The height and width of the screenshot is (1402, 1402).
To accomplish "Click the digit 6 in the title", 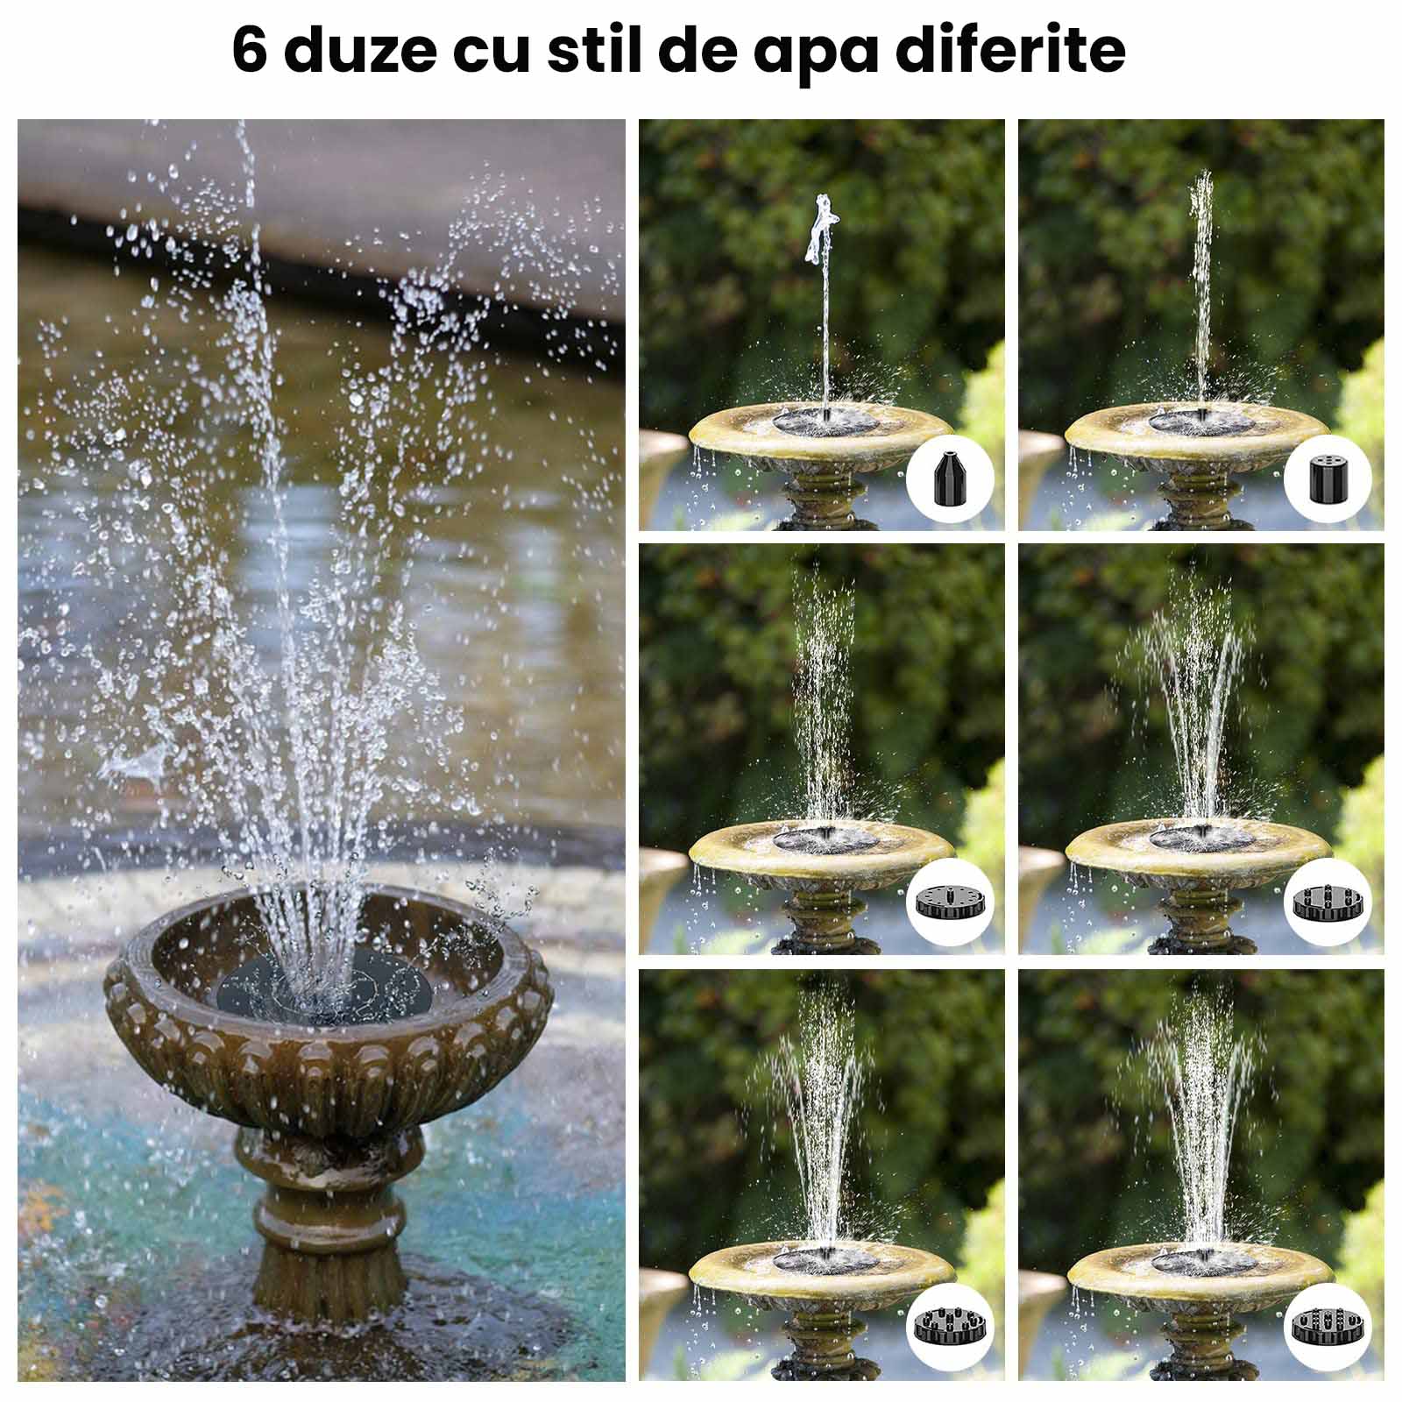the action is click(249, 50).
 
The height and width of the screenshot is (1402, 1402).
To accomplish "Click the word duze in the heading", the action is click(359, 51).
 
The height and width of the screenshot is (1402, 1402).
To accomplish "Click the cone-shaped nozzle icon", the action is click(949, 478).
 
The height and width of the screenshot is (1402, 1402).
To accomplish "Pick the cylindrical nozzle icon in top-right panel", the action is click(1328, 478).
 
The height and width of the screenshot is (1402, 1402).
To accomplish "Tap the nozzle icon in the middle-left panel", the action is click(950, 903).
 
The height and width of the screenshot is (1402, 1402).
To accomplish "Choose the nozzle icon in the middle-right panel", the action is click(1328, 903).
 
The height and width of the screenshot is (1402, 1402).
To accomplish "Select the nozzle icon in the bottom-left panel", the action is click(950, 1326).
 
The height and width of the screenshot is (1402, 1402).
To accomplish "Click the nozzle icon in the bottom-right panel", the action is click(1328, 1326).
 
